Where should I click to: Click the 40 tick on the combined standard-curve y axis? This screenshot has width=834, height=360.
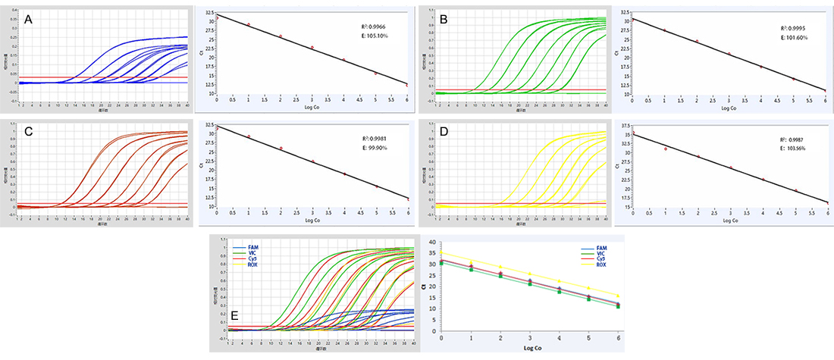coord(431,242)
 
